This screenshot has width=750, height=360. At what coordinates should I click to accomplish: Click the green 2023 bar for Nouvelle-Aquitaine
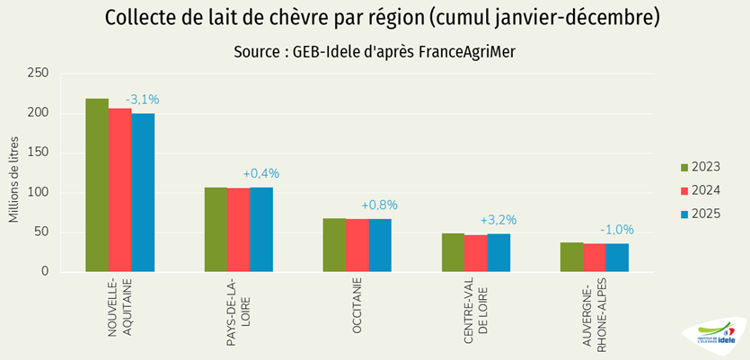97,185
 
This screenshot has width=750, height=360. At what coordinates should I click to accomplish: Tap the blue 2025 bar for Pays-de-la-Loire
261,229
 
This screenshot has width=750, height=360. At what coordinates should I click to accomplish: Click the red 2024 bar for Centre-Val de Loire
476,253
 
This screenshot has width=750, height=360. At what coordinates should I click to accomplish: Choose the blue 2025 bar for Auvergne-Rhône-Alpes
617,257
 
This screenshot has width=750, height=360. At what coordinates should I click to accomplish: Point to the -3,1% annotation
142,100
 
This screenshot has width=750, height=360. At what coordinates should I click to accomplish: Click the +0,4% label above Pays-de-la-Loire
261,173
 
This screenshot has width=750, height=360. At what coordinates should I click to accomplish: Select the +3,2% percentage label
499,220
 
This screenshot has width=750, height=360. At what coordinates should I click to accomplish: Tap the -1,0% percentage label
617,229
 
